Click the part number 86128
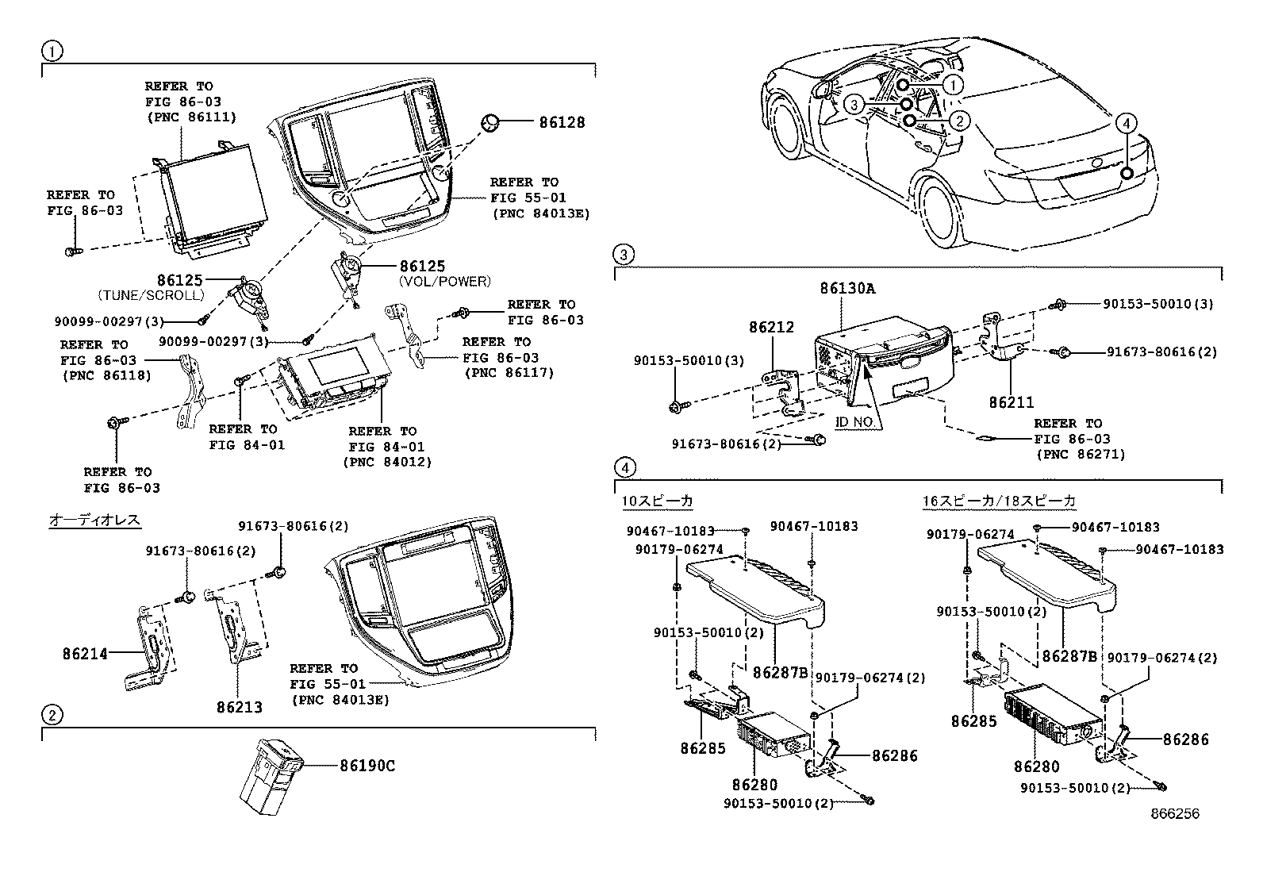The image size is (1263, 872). pos(562,122)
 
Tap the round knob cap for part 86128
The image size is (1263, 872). pos(491,122)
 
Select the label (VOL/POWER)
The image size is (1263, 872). pos(444,281)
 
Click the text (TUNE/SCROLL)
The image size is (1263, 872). pos(152,295)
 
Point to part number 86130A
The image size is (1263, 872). pos(847,289)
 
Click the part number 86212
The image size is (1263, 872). pos(771,327)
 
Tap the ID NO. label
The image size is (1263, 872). pos(855,423)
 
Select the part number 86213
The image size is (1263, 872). pos(240,706)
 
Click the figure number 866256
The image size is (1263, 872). pos(1176,814)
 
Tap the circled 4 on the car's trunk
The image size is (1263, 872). pos(1127,123)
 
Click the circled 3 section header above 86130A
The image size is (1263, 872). pos(624,255)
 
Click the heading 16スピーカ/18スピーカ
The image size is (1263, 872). pos(999,501)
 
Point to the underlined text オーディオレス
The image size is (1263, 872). pos(95,520)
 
